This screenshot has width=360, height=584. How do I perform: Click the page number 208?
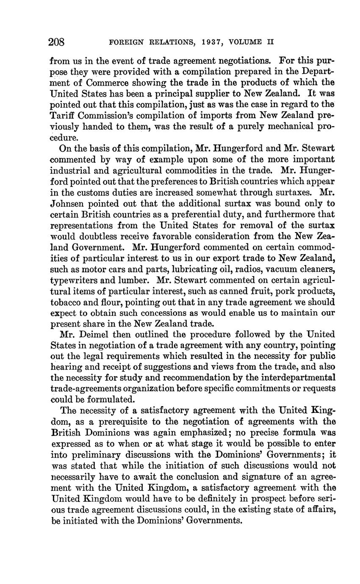coord(56,42)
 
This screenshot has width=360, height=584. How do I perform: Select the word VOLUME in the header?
coord(245,42)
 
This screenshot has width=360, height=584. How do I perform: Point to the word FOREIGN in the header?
coord(125,42)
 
